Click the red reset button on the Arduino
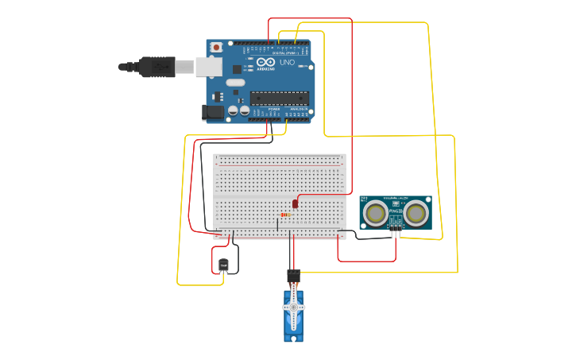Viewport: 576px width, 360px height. [216, 48]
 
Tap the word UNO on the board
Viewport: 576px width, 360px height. [287, 62]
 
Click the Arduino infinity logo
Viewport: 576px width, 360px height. [265, 61]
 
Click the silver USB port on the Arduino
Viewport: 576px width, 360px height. [209, 67]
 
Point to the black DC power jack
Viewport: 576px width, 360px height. [213, 112]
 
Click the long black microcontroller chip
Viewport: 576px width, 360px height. [279, 98]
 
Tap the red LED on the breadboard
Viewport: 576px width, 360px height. [295, 204]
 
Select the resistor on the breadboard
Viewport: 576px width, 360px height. [285, 215]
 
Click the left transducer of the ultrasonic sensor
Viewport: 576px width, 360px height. [377, 213]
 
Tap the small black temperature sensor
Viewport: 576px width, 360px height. [223, 265]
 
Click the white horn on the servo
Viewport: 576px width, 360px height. [293, 308]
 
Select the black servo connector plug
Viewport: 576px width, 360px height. [293, 276]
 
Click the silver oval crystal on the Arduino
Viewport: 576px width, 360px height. [235, 82]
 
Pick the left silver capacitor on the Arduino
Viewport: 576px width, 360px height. [232, 110]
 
